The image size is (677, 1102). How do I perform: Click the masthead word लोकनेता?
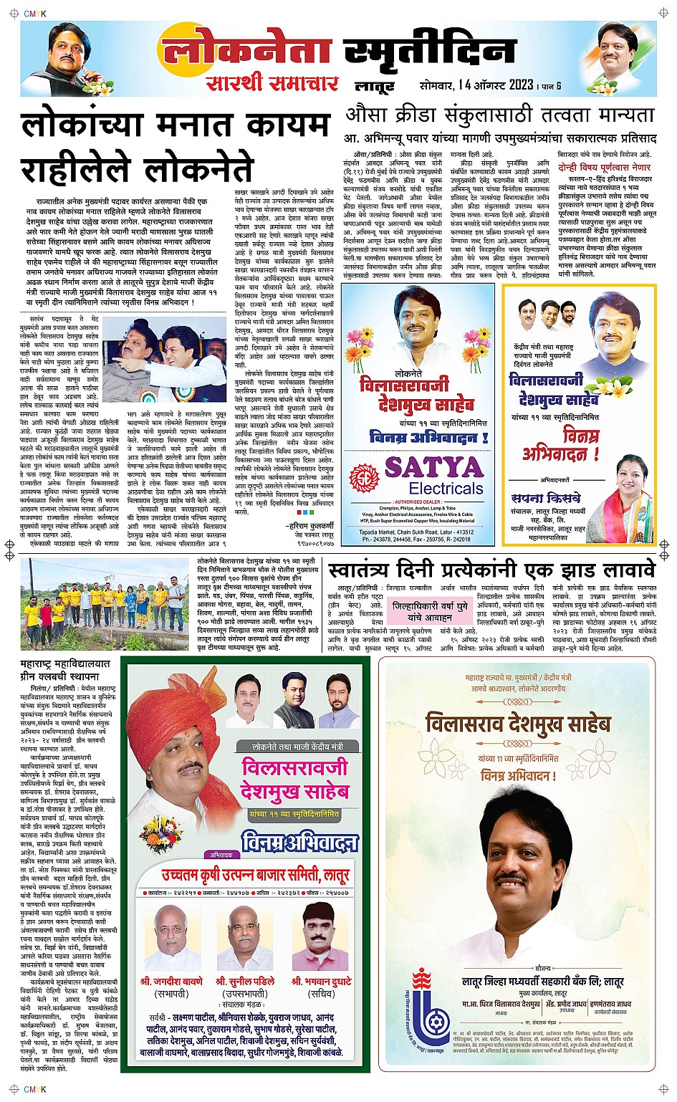click(247, 50)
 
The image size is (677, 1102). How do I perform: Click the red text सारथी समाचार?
click(272, 83)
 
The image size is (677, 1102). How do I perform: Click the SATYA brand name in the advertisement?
click(434, 468)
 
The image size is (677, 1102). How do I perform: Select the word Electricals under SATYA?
click(446, 489)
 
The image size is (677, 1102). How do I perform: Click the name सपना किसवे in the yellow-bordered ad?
click(546, 497)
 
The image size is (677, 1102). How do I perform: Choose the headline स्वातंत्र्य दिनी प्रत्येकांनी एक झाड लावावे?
click(491, 570)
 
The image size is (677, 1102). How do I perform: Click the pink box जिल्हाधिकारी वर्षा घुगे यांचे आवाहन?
click(430, 611)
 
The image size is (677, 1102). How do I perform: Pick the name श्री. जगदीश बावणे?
click(171, 980)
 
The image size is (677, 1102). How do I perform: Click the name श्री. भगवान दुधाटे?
click(321, 980)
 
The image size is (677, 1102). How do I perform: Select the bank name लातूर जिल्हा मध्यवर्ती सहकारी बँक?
click(542, 981)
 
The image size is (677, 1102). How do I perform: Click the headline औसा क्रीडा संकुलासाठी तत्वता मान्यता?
click(500, 115)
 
